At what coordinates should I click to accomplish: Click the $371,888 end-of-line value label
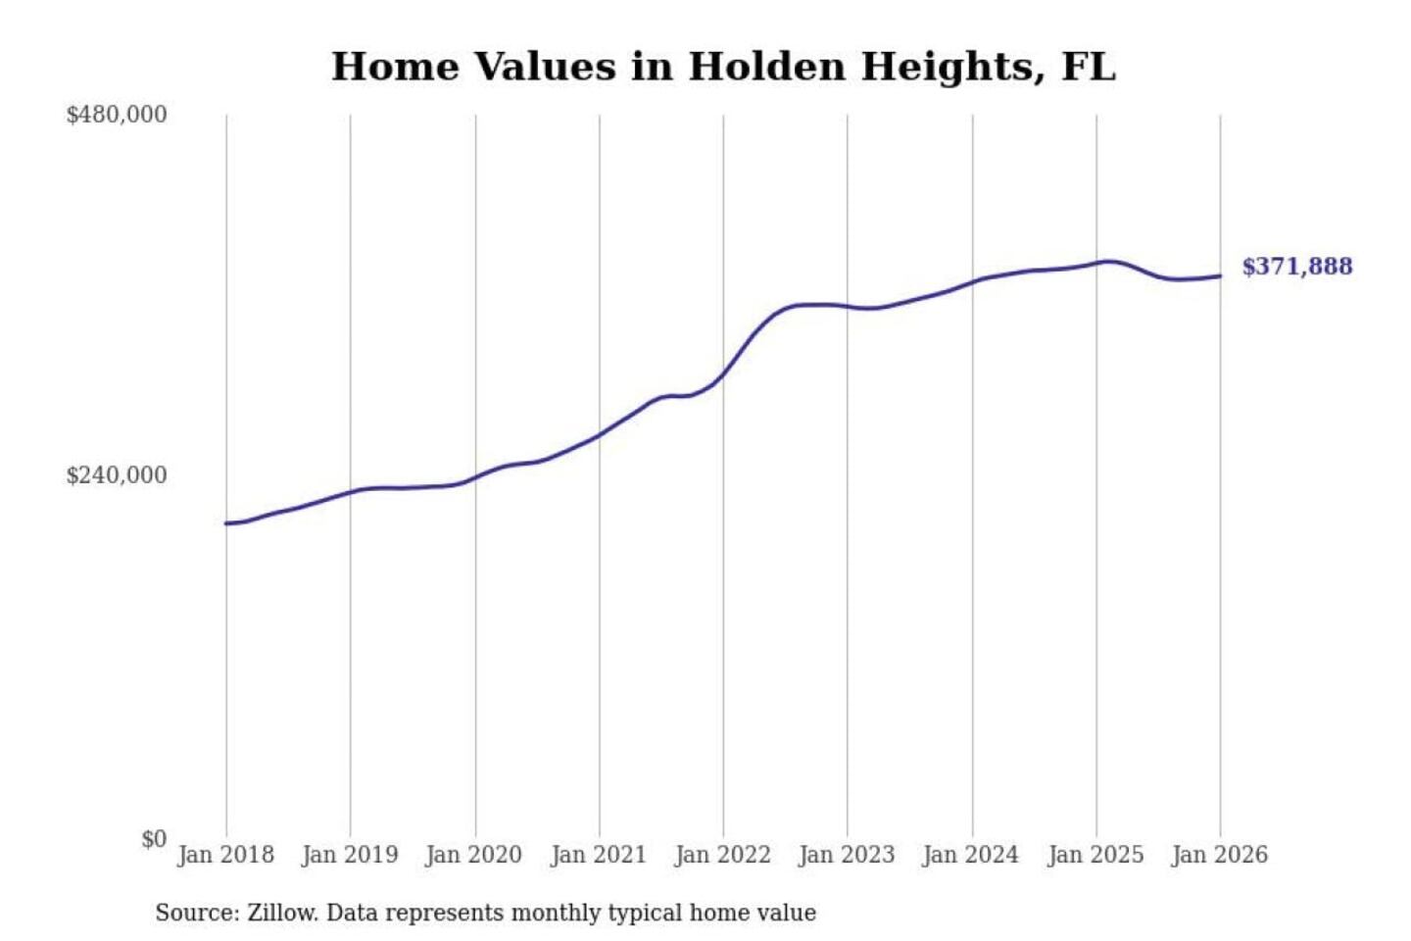click(1296, 267)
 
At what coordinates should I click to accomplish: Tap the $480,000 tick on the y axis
click(117, 115)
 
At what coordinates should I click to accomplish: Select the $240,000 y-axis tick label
click(117, 475)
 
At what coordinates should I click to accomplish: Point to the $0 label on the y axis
click(154, 839)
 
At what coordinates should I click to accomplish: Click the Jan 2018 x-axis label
click(225, 855)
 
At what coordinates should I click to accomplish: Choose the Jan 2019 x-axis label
click(350, 855)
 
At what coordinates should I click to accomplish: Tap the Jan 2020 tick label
click(474, 855)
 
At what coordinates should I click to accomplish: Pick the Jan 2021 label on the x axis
click(599, 855)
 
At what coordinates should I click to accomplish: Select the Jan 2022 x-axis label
click(723, 855)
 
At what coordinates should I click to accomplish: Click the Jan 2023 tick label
click(847, 855)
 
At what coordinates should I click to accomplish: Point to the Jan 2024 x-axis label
click(971, 855)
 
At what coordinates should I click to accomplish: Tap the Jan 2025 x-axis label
click(1095, 855)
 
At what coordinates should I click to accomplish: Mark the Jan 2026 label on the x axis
click(1220, 855)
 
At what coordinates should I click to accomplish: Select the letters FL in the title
click(1089, 67)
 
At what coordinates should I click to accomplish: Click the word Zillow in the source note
click(281, 914)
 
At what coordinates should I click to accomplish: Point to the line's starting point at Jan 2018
click(226, 523)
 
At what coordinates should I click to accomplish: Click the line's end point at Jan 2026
click(1220, 275)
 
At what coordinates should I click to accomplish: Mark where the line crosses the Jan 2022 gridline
click(723, 373)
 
